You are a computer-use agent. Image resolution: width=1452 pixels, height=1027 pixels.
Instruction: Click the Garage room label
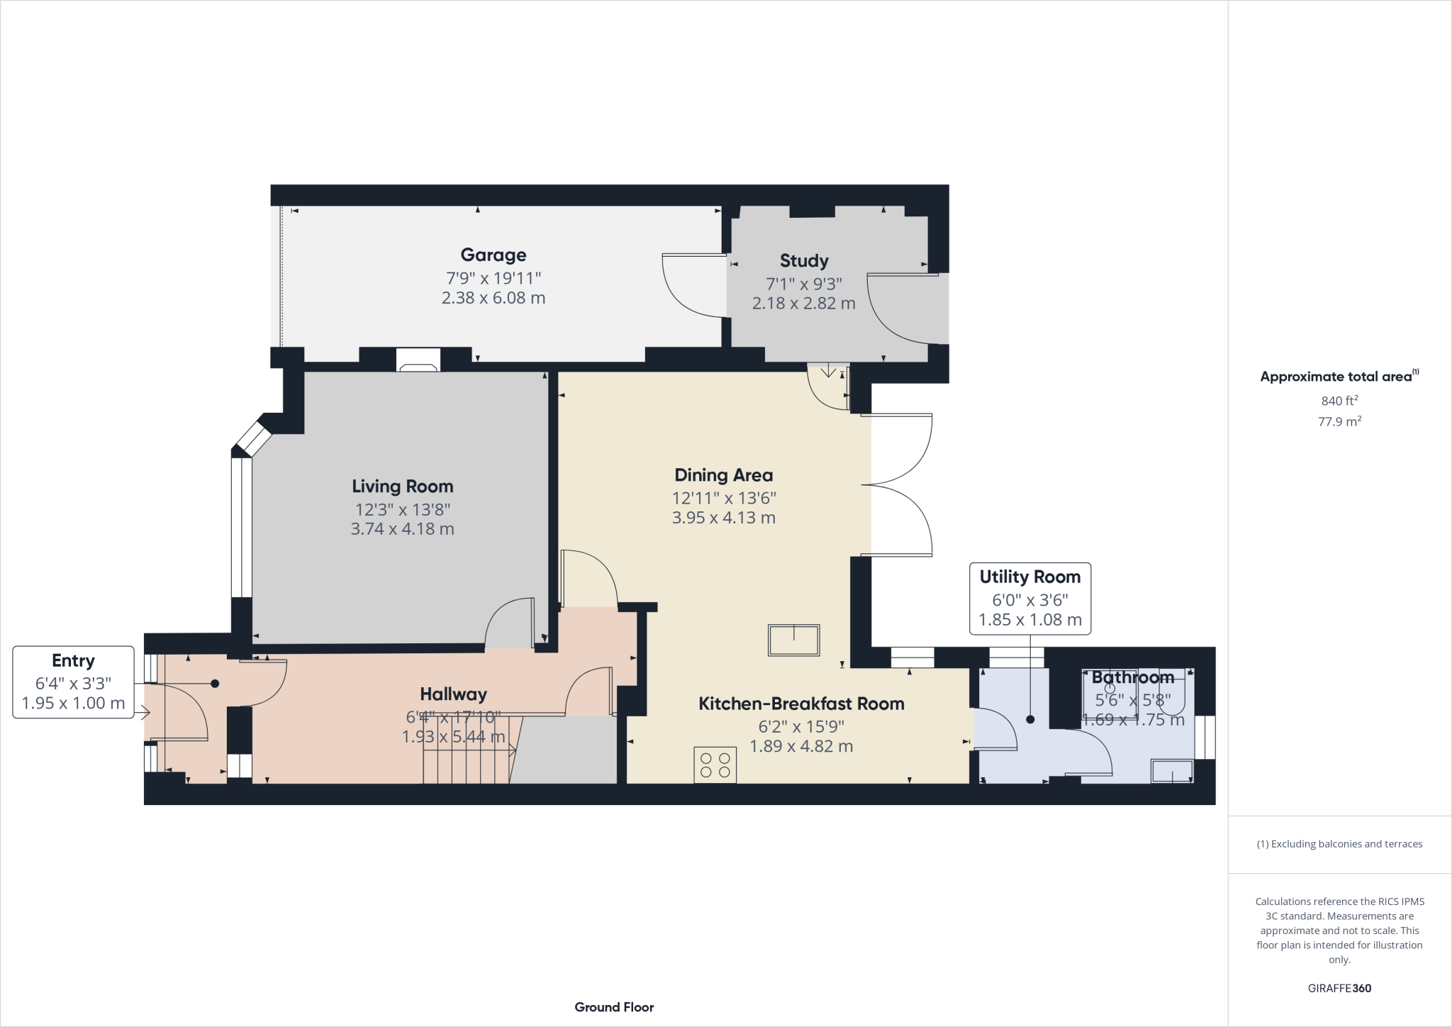pyautogui.click(x=493, y=255)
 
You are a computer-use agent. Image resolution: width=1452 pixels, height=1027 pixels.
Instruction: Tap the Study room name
pyautogui.click(x=804, y=261)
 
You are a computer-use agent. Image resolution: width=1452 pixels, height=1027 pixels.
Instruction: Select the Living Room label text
pyautogui.click(x=403, y=487)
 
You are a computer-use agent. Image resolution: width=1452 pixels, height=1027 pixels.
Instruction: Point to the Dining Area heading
pyautogui.click(x=723, y=475)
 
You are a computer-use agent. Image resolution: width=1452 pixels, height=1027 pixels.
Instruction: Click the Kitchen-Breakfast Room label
pyautogui.click(x=801, y=704)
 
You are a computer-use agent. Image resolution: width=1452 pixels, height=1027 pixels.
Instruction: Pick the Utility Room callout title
pyautogui.click(x=1029, y=577)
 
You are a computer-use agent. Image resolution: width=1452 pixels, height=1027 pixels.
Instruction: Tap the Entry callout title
pyautogui.click(x=73, y=661)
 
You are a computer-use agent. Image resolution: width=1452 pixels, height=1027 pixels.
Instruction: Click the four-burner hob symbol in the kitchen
pyautogui.click(x=715, y=765)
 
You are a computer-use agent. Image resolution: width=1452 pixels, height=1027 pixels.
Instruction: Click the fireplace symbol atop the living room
pyautogui.click(x=418, y=360)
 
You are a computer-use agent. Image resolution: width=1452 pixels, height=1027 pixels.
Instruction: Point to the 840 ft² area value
pyautogui.click(x=1339, y=401)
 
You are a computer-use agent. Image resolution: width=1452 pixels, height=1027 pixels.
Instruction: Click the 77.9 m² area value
pyautogui.click(x=1339, y=421)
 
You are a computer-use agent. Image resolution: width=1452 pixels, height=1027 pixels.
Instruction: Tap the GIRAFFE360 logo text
pyautogui.click(x=1339, y=988)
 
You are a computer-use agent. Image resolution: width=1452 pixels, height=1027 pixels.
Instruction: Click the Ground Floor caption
pyautogui.click(x=614, y=1007)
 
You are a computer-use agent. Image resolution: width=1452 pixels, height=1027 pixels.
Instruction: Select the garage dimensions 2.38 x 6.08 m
pyautogui.click(x=493, y=298)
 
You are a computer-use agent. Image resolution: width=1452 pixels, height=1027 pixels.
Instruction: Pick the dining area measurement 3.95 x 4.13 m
pyautogui.click(x=723, y=518)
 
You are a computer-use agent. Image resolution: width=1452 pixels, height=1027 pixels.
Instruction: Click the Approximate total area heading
pyautogui.click(x=1337, y=377)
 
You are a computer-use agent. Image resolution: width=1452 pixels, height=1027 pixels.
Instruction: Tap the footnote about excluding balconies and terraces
pyautogui.click(x=1339, y=844)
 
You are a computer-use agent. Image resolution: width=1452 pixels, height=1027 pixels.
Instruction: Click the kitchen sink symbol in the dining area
pyautogui.click(x=793, y=640)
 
